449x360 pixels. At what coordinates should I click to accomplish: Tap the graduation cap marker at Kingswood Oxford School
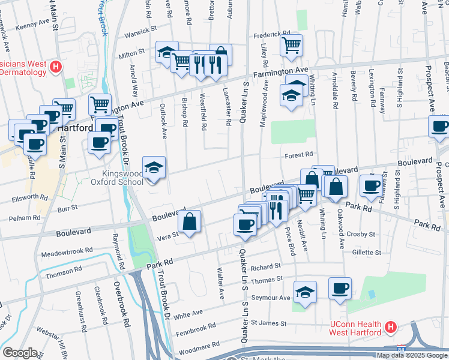tap(154, 168)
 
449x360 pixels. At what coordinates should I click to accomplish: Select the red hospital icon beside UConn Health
tap(390, 328)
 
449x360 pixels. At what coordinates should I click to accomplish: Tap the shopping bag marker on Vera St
tap(190, 221)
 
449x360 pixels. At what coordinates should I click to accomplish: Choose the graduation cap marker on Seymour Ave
tap(306, 292)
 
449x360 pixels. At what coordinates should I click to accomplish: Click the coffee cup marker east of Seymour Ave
tap(340, 288)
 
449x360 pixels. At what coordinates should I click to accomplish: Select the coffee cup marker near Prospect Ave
tap(439, 127)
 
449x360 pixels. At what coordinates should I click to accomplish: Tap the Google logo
tap(20, 352)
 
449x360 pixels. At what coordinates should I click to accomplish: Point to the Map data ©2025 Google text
tap(412, 355)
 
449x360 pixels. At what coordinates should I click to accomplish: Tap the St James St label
tap(266, 322)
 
